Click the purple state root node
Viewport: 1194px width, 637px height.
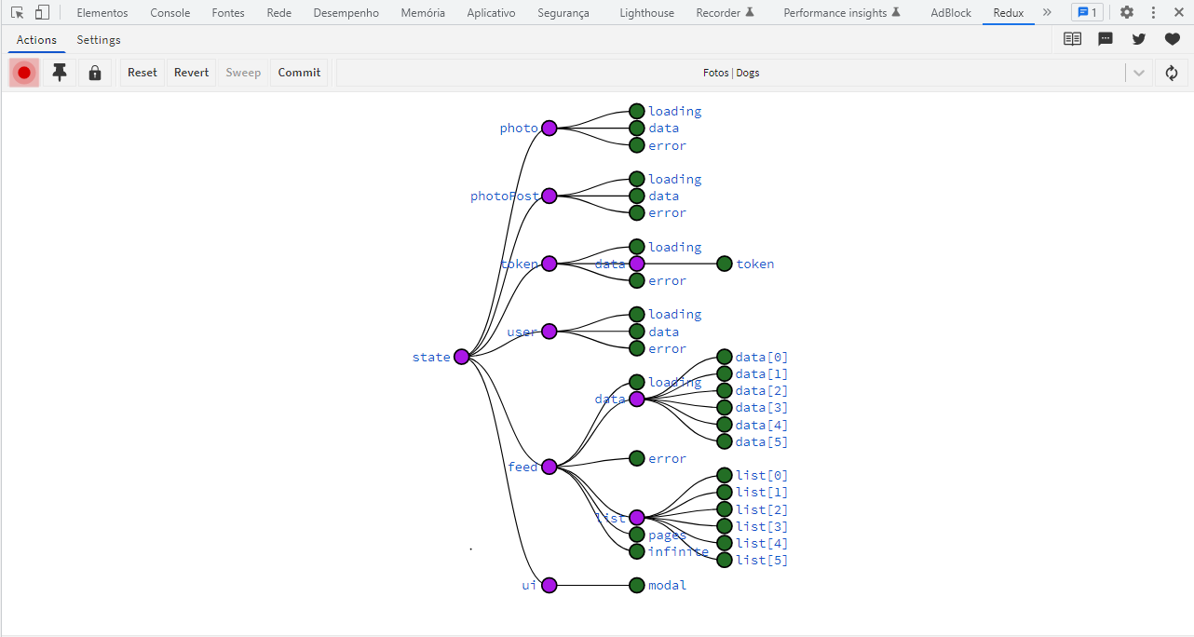[x=462, y=357]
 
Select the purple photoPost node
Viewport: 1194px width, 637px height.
[x=550, y=196]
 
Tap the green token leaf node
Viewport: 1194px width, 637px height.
[x=725, y=264]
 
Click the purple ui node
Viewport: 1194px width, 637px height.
[x=550, y=585]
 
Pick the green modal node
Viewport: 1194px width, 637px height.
[x=637, y=585]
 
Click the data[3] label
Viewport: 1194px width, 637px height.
[x=762, y=408]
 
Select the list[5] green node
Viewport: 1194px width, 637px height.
[x=725, y=560]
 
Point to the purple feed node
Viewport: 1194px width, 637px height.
[x=550, y=467]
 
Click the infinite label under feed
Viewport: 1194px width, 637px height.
[x=678, y=551]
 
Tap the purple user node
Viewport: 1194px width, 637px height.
[x=550, y=332]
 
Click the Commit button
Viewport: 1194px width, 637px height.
[x=299, y=73]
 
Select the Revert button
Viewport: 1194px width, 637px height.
[x=191, y=73]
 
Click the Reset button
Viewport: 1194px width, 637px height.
[x=142, y=73]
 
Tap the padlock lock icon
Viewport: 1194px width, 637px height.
[x=95, y=73]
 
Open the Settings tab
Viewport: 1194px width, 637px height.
[x=99, y=40]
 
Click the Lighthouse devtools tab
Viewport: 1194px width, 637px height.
[x=646, y=13]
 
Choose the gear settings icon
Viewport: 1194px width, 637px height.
[x=1127, y=13]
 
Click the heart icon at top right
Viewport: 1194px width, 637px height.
[x=1172, y=39]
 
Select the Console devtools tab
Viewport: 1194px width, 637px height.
[x=170, y=13]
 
